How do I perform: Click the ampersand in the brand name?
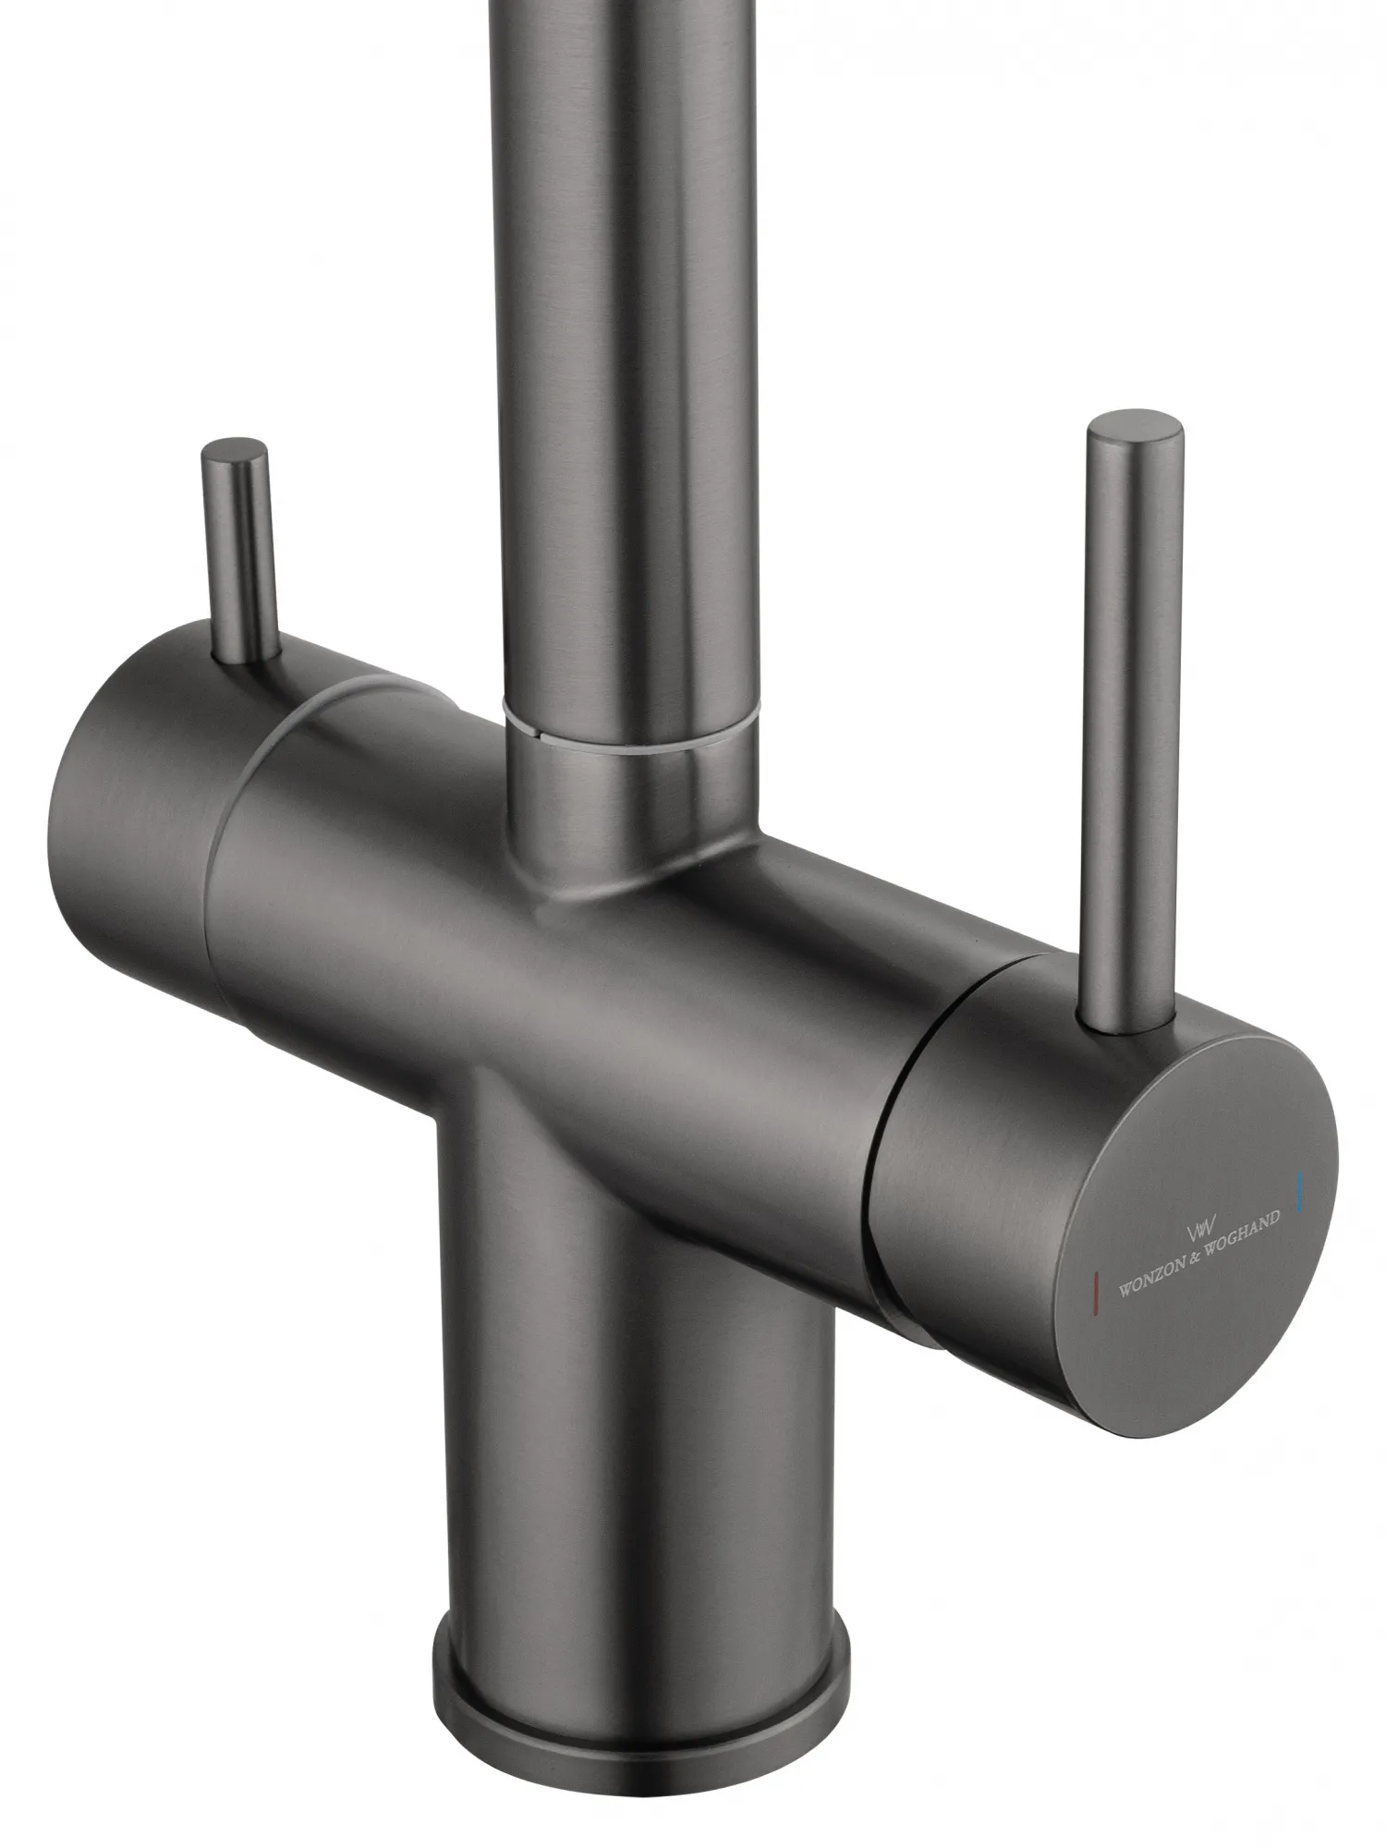coord(1189,1258)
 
